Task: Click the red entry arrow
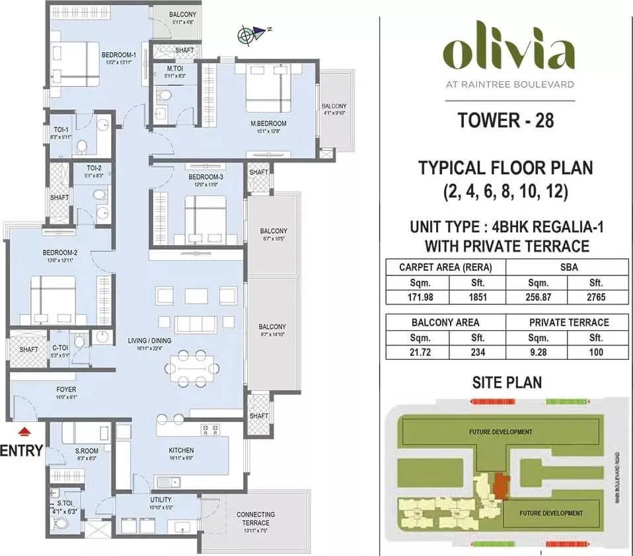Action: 24,432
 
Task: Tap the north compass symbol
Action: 248,34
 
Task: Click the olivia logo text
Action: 507,54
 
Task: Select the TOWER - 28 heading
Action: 505,121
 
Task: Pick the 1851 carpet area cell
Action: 477,297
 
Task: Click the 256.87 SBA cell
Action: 537,297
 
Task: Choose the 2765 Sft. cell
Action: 597,297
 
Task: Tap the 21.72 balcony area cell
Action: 417,352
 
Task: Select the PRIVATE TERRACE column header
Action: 567,322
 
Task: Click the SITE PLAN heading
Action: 507,382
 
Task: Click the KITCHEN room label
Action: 180,450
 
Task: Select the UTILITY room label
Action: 161,500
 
